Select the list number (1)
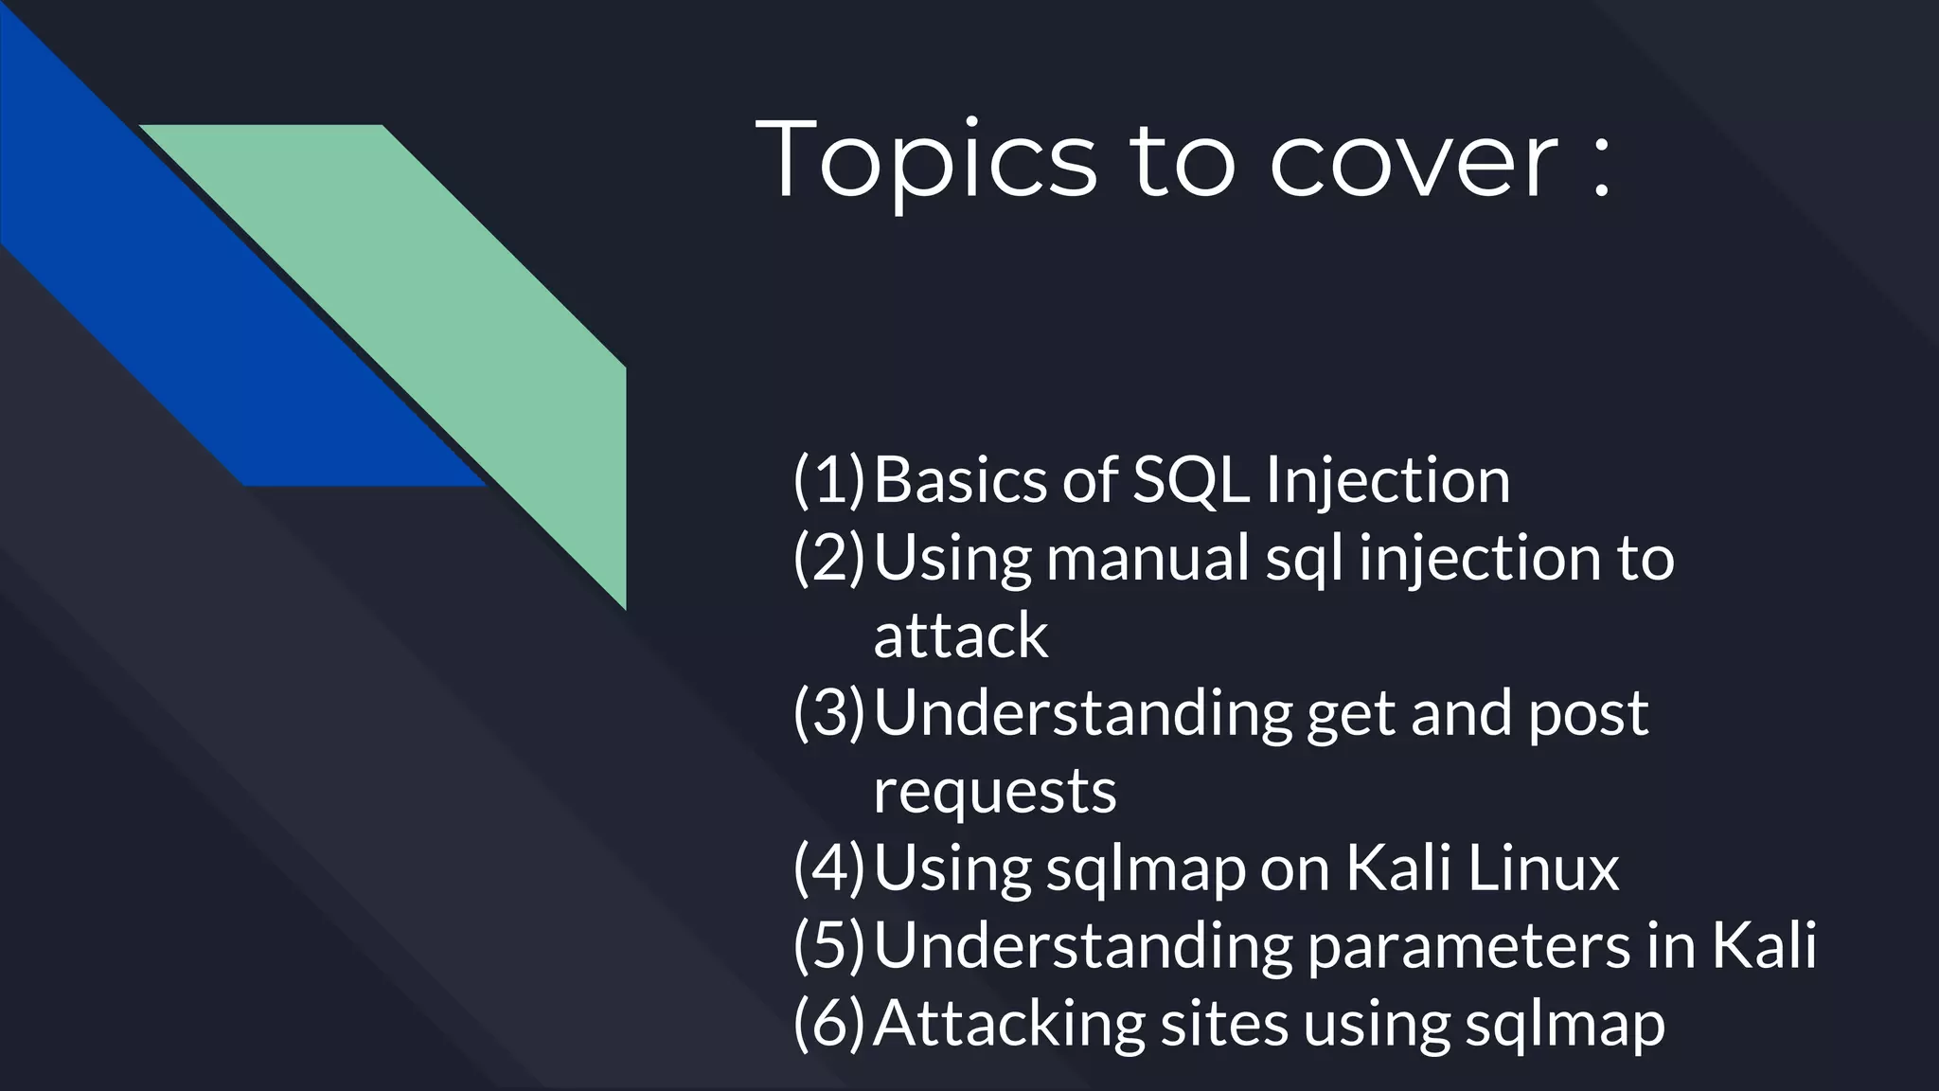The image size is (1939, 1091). coord(829,479)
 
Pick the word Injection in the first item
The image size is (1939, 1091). coord(1388,479)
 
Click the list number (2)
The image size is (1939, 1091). coord(829,557)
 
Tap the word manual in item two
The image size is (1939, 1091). coord(1148,557)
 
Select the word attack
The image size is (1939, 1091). coord(960,635)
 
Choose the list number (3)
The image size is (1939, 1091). coord(829,712)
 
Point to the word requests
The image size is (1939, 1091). coord(994,792)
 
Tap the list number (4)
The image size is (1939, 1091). coord(829,867)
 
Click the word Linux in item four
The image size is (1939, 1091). coord(1543,867)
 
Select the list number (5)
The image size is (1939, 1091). coord(829,945)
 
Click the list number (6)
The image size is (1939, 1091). coord(829,1023)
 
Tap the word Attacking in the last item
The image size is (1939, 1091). coord(1008,1023)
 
